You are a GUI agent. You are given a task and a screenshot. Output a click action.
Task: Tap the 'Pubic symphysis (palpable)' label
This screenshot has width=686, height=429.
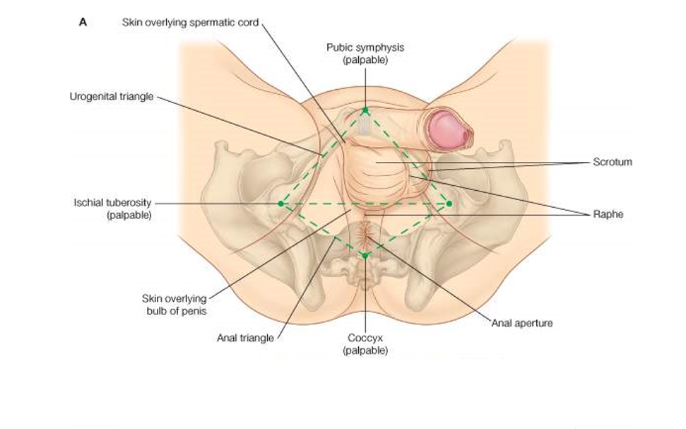(365, 54)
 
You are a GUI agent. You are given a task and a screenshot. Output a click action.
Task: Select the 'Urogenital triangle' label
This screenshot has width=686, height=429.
(111, 96)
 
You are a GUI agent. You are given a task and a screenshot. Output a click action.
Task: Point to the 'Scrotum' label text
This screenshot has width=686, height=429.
(613, 162)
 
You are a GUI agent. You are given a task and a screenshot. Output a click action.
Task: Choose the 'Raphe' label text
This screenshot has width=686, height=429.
(608, 214)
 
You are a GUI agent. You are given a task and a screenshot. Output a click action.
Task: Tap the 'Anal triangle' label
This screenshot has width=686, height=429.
(245, 338)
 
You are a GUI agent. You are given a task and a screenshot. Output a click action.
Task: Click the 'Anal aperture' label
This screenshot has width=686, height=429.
(522, 323)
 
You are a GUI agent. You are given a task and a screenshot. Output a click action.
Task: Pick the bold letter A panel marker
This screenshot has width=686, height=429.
(83, 22)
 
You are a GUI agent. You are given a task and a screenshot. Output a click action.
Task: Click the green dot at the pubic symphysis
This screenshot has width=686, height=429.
(365, 110)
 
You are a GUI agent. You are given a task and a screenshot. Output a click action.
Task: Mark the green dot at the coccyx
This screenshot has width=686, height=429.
(365, 254)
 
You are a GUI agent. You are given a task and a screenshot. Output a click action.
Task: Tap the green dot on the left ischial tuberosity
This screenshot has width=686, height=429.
(280, 204)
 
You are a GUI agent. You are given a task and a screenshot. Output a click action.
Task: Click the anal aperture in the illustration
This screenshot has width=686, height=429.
(366, 231)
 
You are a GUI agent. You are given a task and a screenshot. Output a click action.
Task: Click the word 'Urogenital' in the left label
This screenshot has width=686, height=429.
(92, 96)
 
